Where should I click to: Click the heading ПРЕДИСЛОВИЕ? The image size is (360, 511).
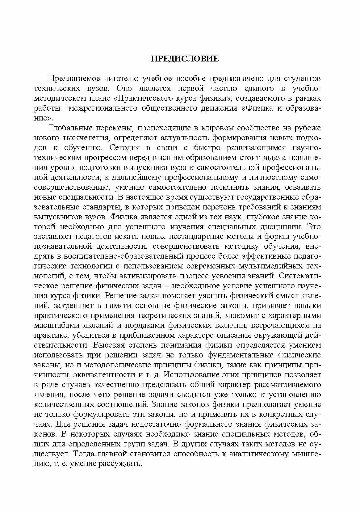tap(185, 59)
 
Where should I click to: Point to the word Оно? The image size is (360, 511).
tap(124, 88)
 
